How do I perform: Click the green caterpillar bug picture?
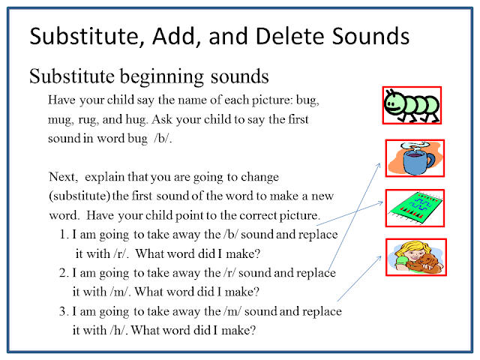click(x=412, y=106)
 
